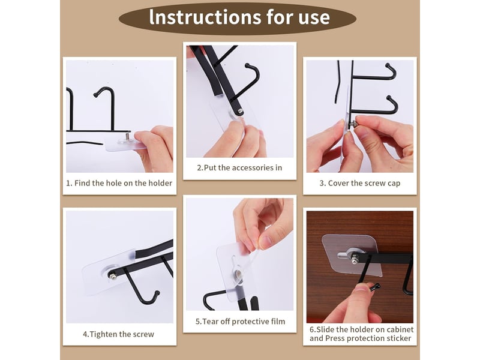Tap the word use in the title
point(314,18)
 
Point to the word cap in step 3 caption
point(394,184)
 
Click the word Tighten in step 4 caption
point(101,334)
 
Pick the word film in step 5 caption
point(278,322)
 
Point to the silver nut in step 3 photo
point(353,124)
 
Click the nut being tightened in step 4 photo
point(113,277)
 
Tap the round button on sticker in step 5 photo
point(237,274)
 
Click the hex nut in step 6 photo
point(355,260)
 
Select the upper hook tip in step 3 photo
point(388,65)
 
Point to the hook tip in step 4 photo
point(157,293)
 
